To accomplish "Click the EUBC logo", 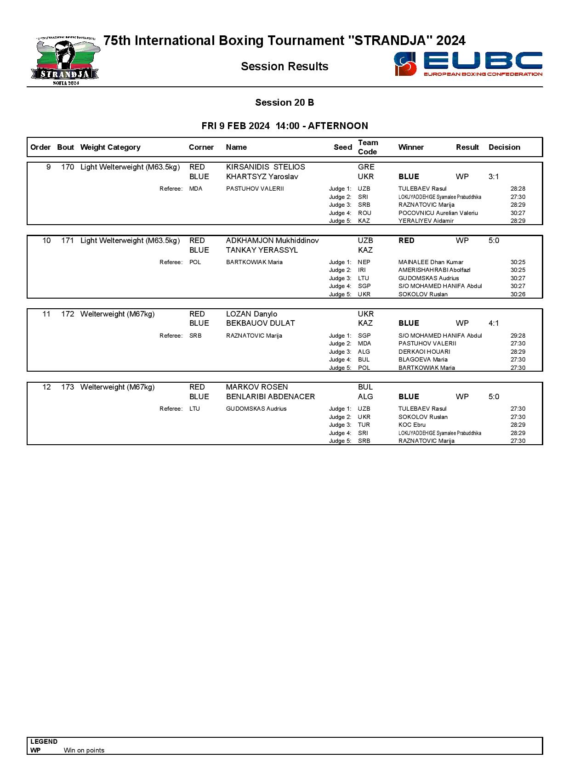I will (468, 64).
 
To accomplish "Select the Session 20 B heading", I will (284, 102).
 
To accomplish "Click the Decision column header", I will (504, 147).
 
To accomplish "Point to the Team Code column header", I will (368, 147).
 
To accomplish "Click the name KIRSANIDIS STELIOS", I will (265, 167).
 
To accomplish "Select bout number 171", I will (68, 241).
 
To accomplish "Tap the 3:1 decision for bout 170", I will (494, 177).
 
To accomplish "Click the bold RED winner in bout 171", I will (406, 241).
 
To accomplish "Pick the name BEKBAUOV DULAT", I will (260, 323).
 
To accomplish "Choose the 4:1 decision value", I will (494, 323).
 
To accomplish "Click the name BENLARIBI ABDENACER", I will (270, 397).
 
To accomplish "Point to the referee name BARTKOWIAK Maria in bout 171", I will (254, 262).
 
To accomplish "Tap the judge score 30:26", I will (518, 294).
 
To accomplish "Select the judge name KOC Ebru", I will (412, 425).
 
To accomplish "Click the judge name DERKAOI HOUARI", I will (424, 352).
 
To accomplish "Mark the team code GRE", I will (366, 167).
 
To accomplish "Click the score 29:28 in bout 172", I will (518, 336).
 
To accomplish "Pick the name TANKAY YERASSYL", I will (262, 250).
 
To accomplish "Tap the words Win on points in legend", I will (84, 750).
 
